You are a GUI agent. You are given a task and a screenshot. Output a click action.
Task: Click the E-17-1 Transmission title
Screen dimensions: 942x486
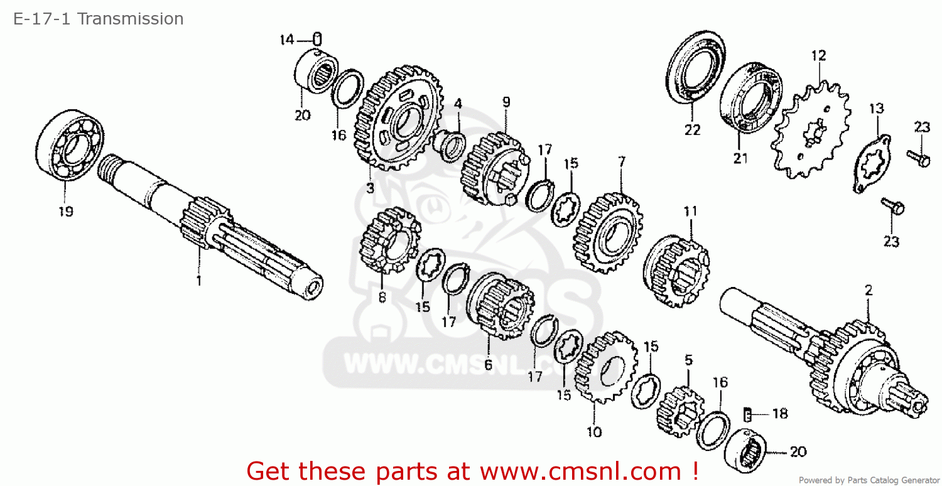(x=99, y=19)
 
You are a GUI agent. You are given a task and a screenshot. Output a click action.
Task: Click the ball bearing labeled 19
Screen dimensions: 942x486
(x=69, y=146)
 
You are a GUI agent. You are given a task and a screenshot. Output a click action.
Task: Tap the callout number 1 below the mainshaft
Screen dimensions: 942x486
(x=199, y=281)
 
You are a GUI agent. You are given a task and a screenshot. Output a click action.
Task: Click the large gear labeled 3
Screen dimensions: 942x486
(x=398, y=118)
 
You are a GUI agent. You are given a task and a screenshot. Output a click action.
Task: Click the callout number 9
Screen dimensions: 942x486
(x=506, y=102)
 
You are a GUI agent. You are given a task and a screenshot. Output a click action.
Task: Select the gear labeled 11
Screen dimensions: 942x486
(x=676, y=271)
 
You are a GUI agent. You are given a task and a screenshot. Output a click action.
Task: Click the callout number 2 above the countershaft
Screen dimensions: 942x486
(x=869, y=290)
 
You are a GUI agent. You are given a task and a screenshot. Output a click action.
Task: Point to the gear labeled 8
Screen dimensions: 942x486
(x=390, y=240)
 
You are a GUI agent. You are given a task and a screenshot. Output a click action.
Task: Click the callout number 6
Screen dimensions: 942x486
(x=488, y=364)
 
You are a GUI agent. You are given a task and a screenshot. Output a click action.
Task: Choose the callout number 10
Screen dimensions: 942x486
(x=594, y=432)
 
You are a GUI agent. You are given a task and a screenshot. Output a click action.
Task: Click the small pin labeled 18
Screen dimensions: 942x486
(x=747, y=414)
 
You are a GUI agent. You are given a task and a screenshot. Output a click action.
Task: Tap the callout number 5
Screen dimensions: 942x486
(x=688, y=360)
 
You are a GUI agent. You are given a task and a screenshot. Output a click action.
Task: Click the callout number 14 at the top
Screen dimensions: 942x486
(x=287, y=40)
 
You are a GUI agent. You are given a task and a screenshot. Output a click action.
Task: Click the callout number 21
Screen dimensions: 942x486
(x=740, y=158)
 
